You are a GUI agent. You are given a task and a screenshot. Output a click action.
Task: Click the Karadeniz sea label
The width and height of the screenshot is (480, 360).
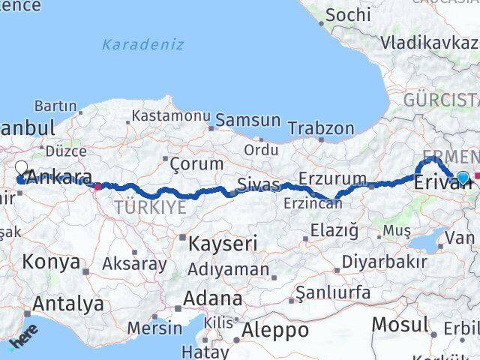click(x=143, y=44)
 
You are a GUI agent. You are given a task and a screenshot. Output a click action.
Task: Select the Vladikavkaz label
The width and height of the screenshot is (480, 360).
click(x=430, y=43)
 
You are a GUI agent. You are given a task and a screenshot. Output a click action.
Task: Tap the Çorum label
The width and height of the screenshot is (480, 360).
click(x=196, y=163)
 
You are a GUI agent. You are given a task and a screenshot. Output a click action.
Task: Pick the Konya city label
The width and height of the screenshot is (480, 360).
click(x=51, y=262)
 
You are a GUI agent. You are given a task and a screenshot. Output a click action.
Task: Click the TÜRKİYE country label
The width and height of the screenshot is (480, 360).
click(x=149, y=208)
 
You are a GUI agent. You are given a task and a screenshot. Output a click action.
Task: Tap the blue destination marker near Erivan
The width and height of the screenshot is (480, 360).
click(x=463, y=178)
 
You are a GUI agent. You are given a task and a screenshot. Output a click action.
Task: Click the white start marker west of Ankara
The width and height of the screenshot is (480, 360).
click(x=22, y=169)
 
